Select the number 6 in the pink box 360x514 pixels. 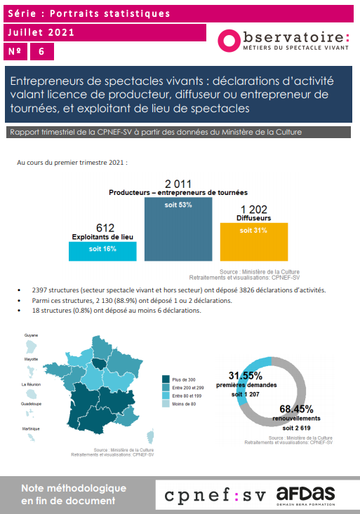pyautogui.click(x=41, y=51)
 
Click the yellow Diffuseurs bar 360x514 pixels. pyautogui.click(x=254, y=242)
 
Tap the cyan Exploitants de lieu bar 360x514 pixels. pyautogui.click(x=102, y=251)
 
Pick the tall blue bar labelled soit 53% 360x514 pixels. pyautogui.click(x=178, y=229)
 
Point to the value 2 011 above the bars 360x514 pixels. pyautogui.click(x=178, y=184)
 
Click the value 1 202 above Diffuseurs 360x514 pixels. pyautogui.click(x=253, y=210)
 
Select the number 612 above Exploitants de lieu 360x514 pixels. pyautogui.click(x=105, y=228)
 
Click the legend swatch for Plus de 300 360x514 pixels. pyautogui.click(x=166, y=379)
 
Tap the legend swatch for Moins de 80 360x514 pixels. pyautogui.click(x=166, y=403)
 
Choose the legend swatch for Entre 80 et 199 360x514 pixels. pyautogui.click(x=166, y=395)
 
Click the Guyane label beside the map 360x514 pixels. pyautogui.click(x=31, y=335)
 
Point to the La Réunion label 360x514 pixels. pyautogui.click(x=31, y=384)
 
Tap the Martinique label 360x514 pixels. pyautogui.click(x=31, y=428)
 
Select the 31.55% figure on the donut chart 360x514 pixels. pyautogui.click(x=246, y=375)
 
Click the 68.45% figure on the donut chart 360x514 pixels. pyautogui.click(x=296, y=409)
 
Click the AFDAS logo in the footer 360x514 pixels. pyautogui.click(x=305, y=496)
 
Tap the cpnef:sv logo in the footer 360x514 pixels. pyautogui.click(x=215, y=496)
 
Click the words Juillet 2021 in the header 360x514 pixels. pyautogui.click(x=41, y=32)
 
